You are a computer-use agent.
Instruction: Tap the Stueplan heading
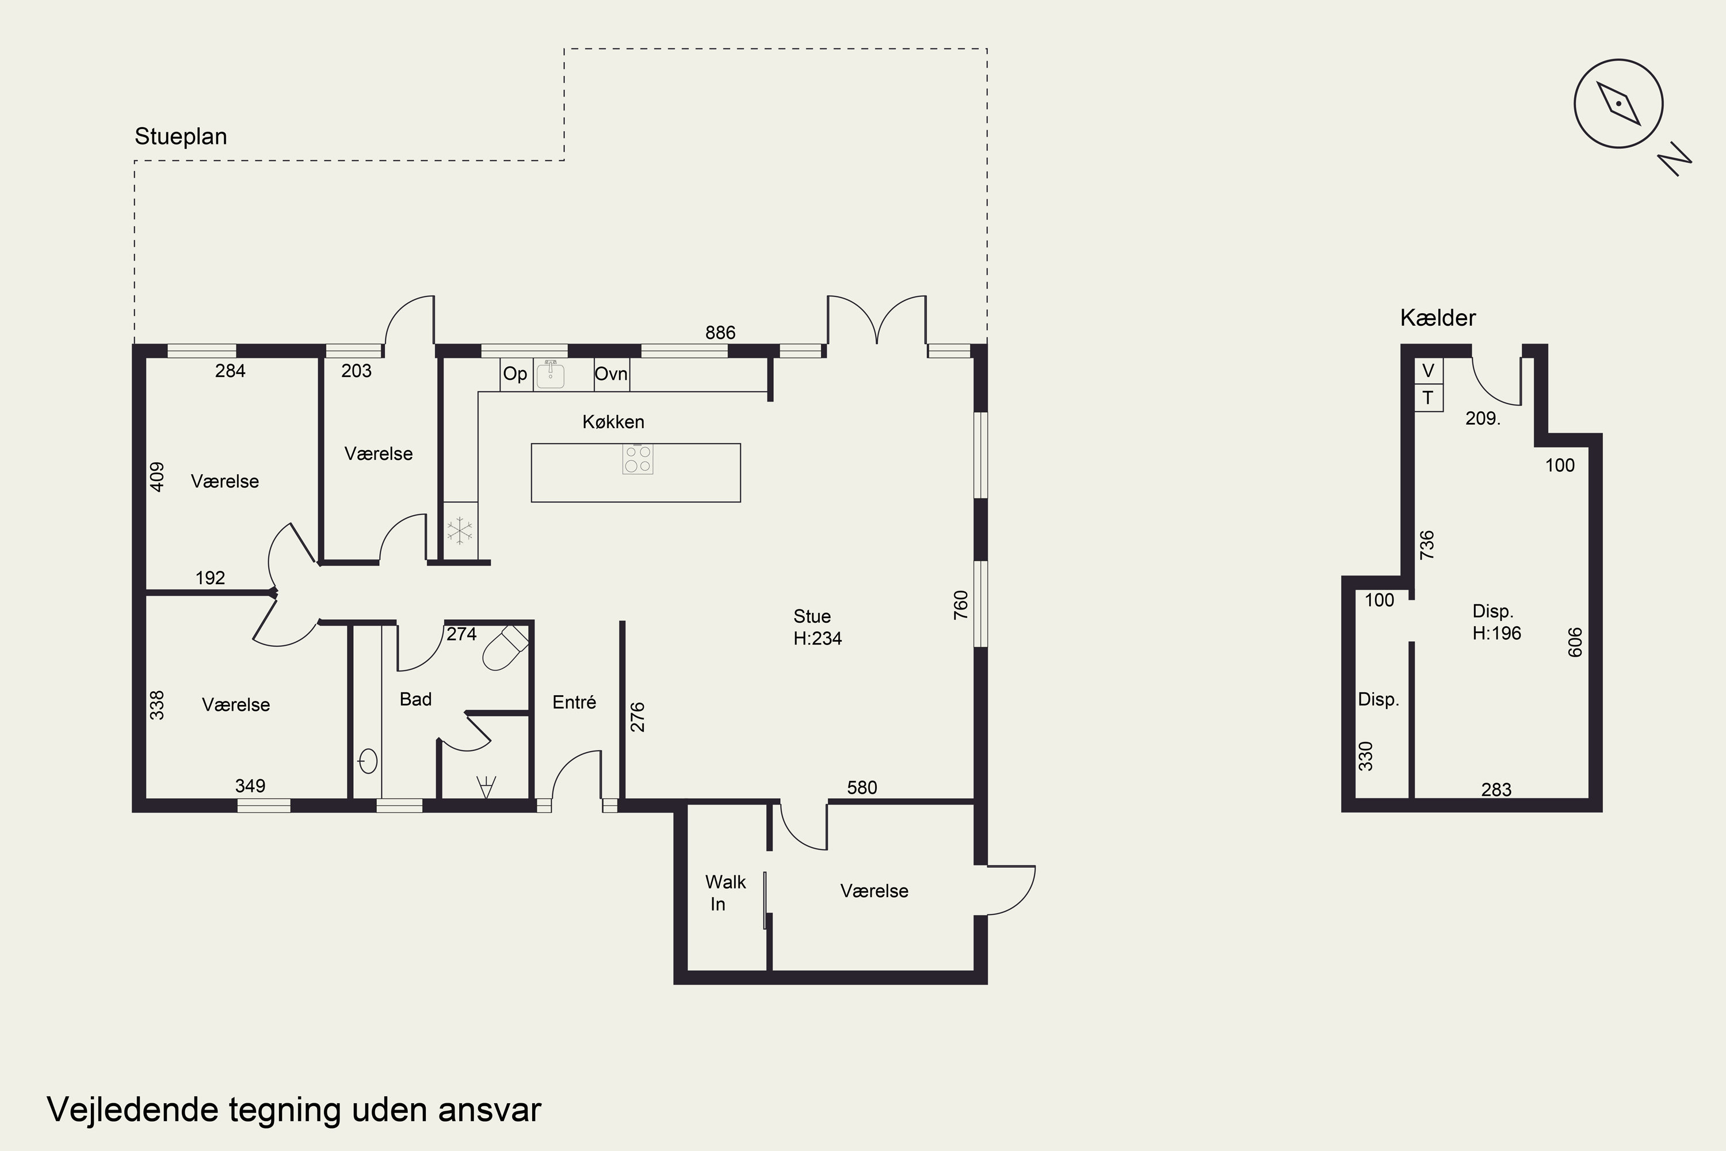(x=181, y=136)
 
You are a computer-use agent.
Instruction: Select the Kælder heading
(x=1438, y=318)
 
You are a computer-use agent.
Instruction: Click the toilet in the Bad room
(x=505, y=647)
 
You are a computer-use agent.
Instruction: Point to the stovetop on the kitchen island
(x=637, y=459)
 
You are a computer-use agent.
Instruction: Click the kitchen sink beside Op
(x=551, y=375)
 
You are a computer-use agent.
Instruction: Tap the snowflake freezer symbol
(x=460, y=531)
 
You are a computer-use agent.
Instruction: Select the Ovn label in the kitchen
(x=610, y=375)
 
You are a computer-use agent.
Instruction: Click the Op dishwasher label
(x=515, y=375)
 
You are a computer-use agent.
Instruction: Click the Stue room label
(x=812, y=616)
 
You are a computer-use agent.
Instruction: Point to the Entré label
(x=574, y=703)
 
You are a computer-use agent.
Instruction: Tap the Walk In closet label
(x=725, y=893)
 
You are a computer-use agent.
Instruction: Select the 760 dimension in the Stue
(x=961, y=605)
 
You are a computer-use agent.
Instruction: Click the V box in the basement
(x=1428, y=371)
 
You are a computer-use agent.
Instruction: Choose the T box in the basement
(x=1428, y=398)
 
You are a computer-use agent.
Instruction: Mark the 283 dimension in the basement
(x=1496, y=790)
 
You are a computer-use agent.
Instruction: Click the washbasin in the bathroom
(x=368, y=762)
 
